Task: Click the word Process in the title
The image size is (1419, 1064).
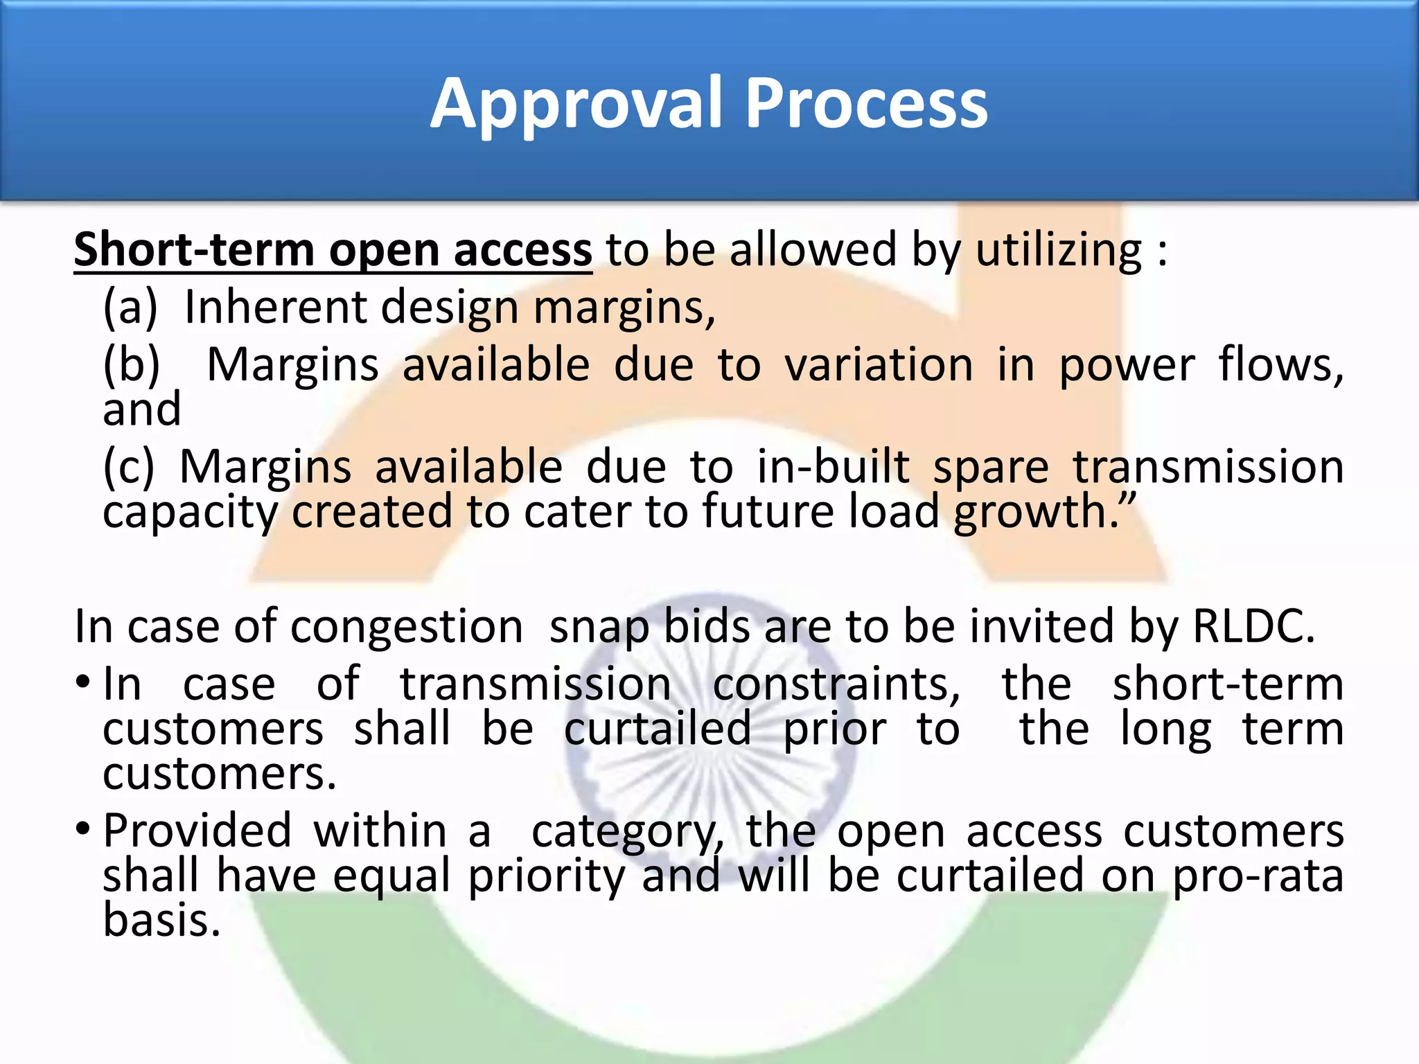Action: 866,104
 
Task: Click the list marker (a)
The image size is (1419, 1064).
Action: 130,308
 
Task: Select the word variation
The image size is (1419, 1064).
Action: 879,365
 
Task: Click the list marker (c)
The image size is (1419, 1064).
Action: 129,467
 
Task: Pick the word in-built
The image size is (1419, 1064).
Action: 833,467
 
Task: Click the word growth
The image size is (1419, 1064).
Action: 1037,513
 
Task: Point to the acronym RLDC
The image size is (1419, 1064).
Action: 1253,626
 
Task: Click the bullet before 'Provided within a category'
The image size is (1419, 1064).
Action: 82,828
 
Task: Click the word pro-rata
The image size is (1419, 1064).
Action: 1258,876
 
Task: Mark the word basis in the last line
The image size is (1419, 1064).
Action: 161,920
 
